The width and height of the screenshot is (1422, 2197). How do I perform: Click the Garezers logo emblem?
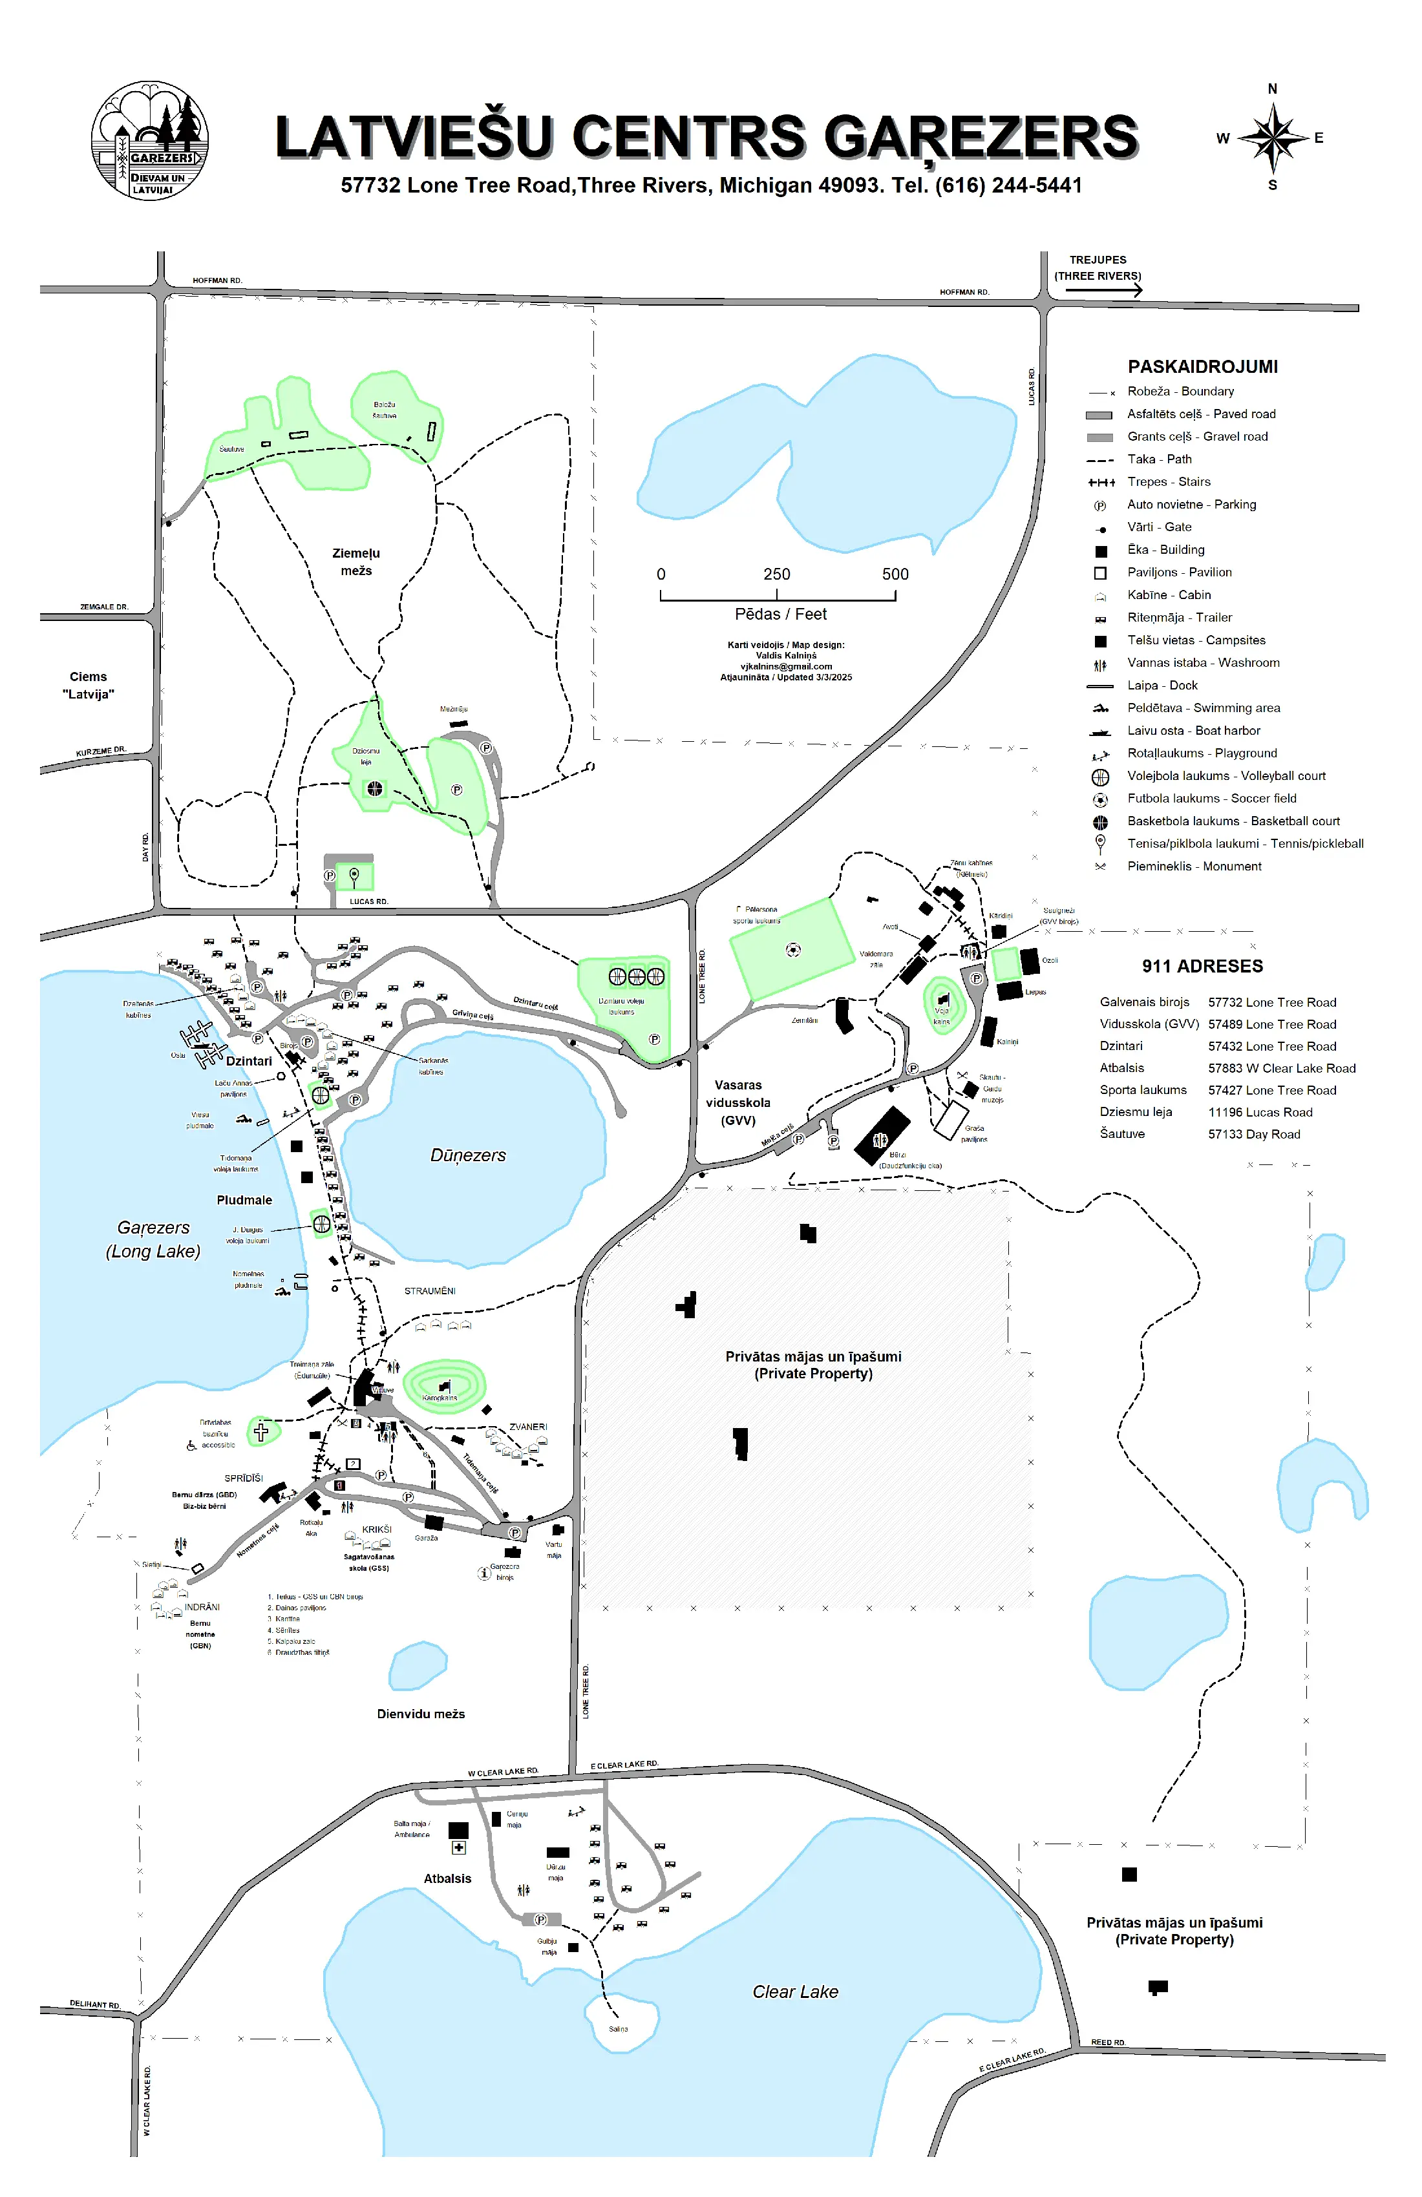tap(149, 140)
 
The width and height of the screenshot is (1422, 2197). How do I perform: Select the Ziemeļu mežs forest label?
tap(356, 562)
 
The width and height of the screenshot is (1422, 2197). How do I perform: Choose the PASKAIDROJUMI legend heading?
tap(1202, 366)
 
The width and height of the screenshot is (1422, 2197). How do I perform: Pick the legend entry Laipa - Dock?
tap(1162, 685)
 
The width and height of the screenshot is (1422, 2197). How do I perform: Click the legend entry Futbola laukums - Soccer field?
tap(1211, 799)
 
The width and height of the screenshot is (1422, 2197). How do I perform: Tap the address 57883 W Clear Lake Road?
tap(1282, 1068)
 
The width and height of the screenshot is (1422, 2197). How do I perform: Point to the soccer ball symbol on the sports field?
tap(792, 949)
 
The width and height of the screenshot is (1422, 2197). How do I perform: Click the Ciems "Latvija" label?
tap(89, 685)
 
